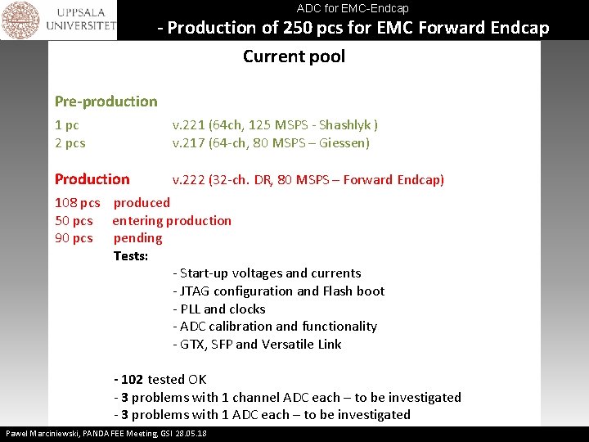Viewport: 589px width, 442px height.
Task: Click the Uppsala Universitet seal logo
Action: click(20, 20)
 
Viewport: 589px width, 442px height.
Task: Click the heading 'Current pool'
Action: click(294, 56)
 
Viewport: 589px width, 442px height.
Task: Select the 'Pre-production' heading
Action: click(106, 101)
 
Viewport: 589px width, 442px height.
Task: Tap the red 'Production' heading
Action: click(92, 179)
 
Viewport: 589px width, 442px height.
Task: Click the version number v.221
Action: click(187, 125)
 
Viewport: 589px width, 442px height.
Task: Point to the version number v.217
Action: click(187, 143)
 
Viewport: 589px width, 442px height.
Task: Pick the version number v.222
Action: click(187, 180)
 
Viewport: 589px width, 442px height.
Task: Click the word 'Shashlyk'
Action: click(344, 125)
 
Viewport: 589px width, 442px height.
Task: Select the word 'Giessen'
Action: click(344, 143)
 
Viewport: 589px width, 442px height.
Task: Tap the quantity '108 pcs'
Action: click(77, 203)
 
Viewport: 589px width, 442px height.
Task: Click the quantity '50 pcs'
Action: click(74, 221)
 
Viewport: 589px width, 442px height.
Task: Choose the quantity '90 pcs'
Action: click(74, 238)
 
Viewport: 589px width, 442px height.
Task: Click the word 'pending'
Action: click(137, 238)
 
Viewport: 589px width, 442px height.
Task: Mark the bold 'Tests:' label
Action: click(131, 256)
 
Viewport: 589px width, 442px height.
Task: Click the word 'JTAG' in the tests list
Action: click(196, 291)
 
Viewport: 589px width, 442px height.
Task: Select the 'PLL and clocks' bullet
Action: click(219, 309)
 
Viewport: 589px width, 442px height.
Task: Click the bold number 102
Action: click(133, 380)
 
